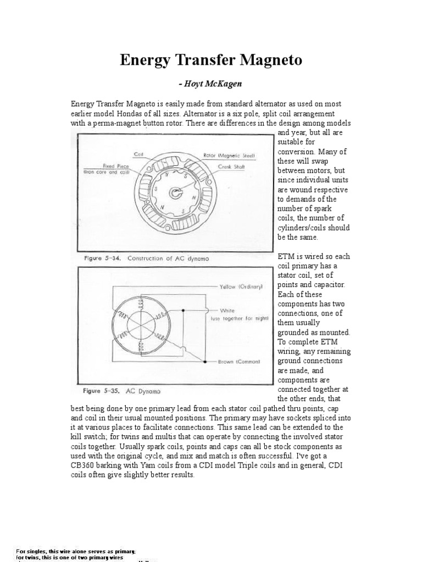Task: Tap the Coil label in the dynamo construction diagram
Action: tap(138, 154)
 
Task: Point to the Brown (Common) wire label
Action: tap(237, 362)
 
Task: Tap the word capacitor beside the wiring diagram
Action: tap(327, 285)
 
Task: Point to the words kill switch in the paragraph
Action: tap(88, 436)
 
